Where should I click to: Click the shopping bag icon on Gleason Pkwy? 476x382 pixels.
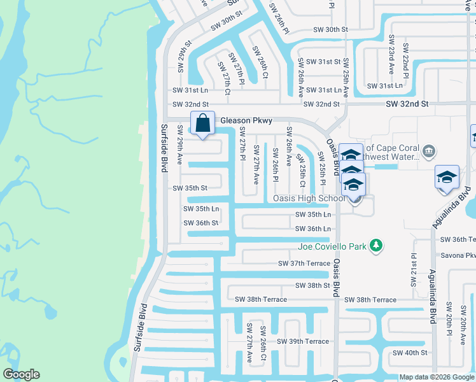pyautogui.click(x=202, y=124)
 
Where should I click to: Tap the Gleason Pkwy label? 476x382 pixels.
pyautogui.click(x=246, y=120)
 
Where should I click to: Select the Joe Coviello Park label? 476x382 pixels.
pyautogui.click(x=334, y=246)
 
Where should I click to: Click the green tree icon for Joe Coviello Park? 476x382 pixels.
pyautogui.click(x=377, y=245)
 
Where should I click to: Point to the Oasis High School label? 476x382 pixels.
pyautogui.click(x=309, y=198)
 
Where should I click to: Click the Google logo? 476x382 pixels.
pyautogui.click(x=21, y=374)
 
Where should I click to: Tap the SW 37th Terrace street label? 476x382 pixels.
pyautogui.click(x=304, y=263)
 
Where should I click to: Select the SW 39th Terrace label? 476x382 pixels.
pyautogui.click(x=302, y=341)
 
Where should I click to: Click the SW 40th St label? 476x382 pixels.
pyautogui.click(x=409, y=352)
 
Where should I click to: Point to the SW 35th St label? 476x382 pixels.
pyautogui.click(x=190, y=188)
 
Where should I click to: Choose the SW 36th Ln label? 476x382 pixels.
pyautogui.click(x=313, y=229)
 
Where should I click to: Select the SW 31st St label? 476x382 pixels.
pyautogui.click(x=323, y=62)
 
